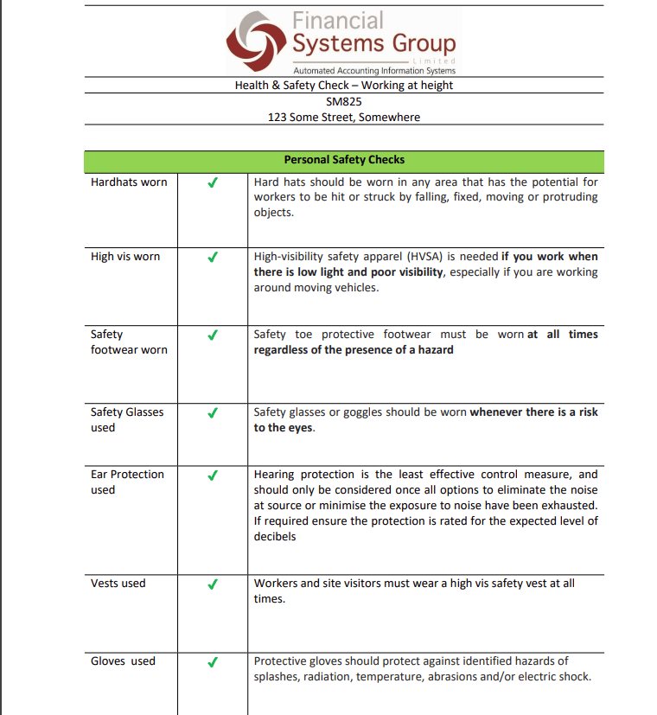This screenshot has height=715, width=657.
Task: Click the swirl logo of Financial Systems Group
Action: click(258, 41)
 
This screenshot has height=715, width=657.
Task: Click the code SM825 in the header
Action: click(343, 101)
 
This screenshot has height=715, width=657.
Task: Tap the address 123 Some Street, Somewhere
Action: click(343, 117)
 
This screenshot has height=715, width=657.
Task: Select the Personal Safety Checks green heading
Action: click(343, 160)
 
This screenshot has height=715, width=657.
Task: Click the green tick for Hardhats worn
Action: click(213, 182)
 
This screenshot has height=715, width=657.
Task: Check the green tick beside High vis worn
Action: click(213, 257)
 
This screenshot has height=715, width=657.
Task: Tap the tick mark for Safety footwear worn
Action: click(213, 335)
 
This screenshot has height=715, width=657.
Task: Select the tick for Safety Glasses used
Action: click(213, 412)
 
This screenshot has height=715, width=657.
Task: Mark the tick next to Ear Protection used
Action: click(213, 475)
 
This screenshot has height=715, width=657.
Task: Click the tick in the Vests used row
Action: click(213, 584)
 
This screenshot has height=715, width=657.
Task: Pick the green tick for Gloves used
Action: click(213, 661)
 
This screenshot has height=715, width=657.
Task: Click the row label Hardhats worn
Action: click(129, 182)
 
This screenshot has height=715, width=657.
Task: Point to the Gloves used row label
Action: click(123, 661)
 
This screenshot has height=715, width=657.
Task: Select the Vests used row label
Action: click(118, 584)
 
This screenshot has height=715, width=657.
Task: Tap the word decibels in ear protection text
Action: click(275, 537)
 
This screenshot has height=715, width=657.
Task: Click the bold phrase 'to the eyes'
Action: click(283, 428)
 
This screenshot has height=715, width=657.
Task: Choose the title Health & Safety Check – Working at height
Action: click(343, 86)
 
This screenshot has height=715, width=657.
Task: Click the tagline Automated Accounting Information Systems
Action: click(373, 70)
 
